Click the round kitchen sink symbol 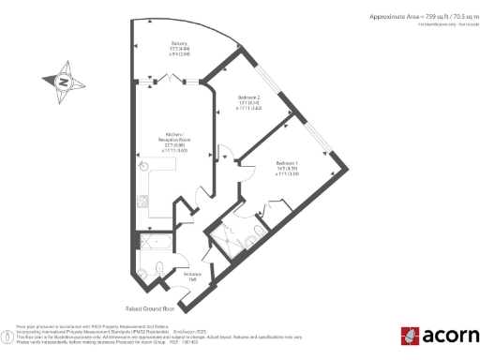coord(144,166)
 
